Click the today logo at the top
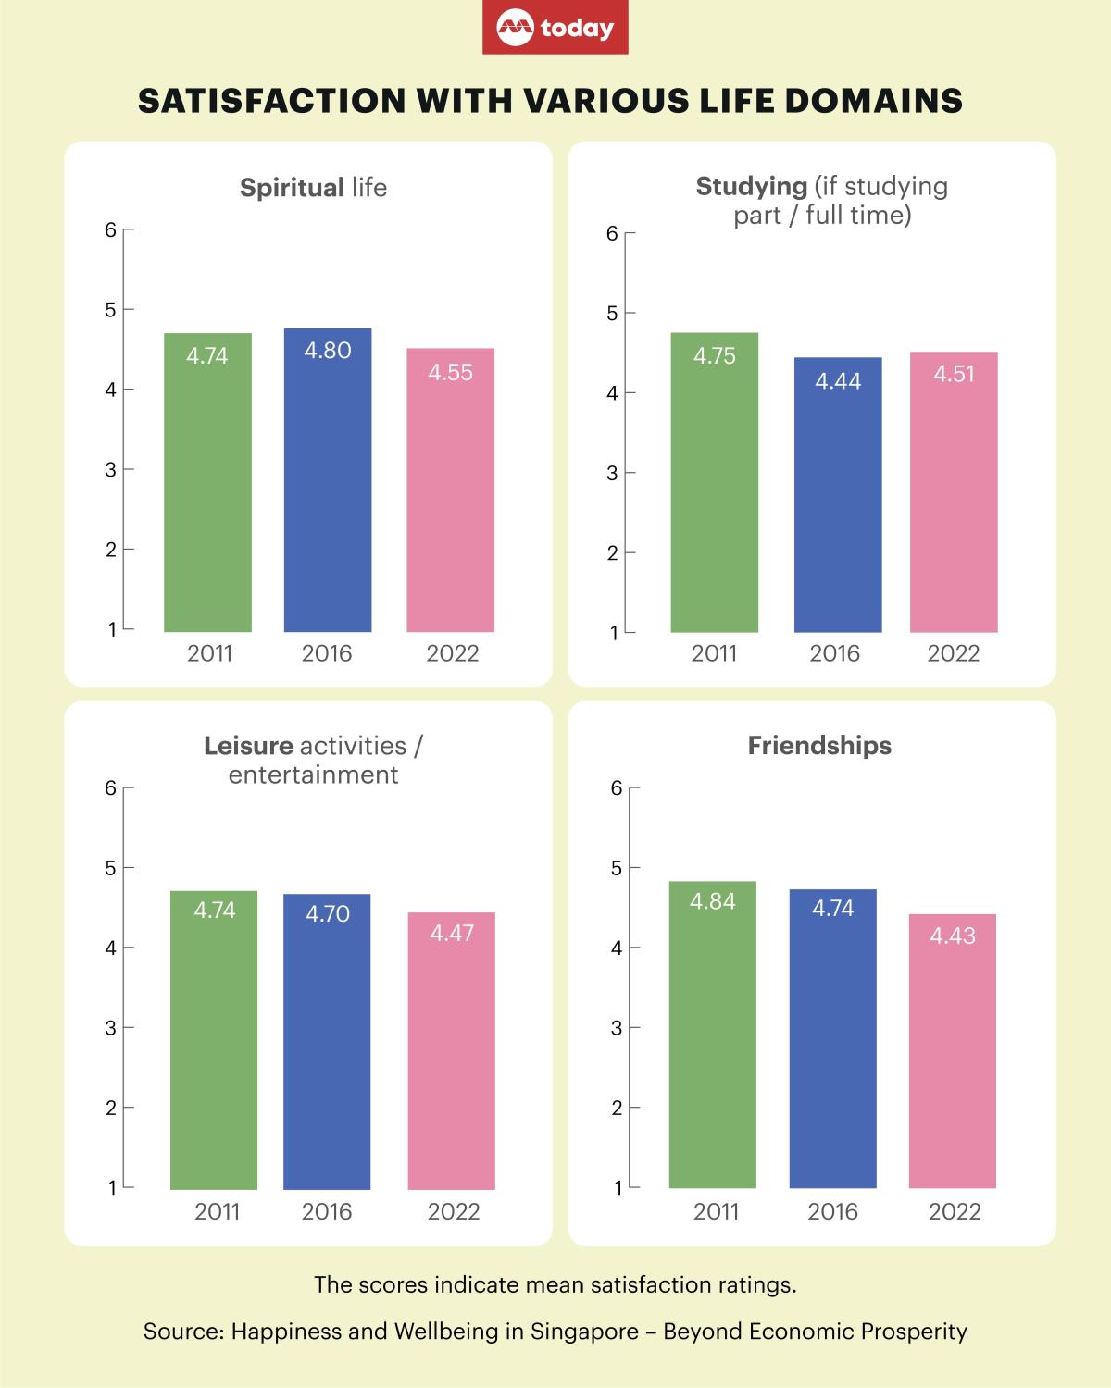[x=555, y=28]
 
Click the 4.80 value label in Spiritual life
[x=328, y=351]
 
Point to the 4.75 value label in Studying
[x=715, y=356]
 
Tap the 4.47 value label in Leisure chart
[x=452, y=933]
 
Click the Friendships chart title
[x=819, y=746]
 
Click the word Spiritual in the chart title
[x=292, y=188]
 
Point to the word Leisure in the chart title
[x=248, y=746]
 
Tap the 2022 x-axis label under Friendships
[x=955, y=1212]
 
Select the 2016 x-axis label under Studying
[x=835, y=653]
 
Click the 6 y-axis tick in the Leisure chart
[x=110, y=788]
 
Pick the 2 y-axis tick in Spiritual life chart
[x=111, y=550]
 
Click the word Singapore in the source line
[x=584, y=1332]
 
